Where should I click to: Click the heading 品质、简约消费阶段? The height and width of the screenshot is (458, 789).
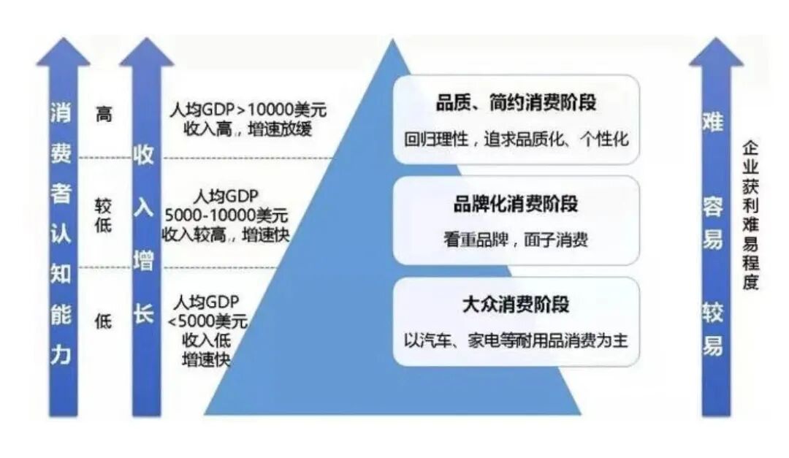coord(516,103)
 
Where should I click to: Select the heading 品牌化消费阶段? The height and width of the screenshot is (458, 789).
coord(516,205)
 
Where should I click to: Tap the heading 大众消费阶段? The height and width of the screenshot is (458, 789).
coord(516,304)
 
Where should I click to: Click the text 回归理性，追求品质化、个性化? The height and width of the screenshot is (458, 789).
coord(516,139)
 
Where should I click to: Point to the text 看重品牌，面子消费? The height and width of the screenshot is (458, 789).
coord(516,240)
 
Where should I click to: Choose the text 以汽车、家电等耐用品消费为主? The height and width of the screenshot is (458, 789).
coord(516,340)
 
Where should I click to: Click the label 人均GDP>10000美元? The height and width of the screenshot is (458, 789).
coord(247,110)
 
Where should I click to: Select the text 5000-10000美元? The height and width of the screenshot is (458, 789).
coord(226,215)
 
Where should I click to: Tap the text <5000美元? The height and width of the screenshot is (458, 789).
coord(207,321)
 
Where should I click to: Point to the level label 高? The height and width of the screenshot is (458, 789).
coord(104,114)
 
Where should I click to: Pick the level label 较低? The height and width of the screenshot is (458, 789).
coord(104,215)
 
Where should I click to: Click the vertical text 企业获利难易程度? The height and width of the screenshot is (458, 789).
coord(750,215)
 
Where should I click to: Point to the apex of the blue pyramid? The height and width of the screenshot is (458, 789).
coord(393,44)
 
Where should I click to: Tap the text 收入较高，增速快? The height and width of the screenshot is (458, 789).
coord(226,234)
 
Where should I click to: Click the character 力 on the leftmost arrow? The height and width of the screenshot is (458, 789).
coord(62,355)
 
